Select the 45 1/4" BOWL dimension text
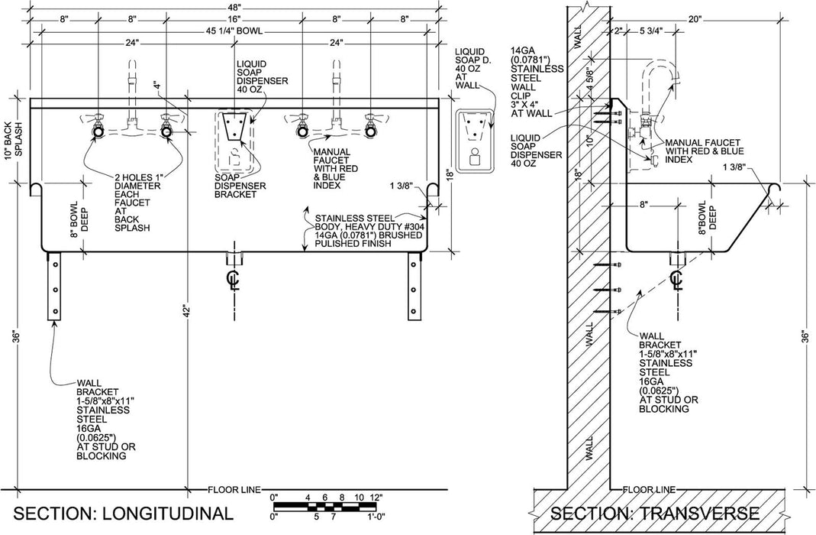[x=233, y=31]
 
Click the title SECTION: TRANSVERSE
[x=654, y=512]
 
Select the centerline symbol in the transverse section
[x=676, y=279]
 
